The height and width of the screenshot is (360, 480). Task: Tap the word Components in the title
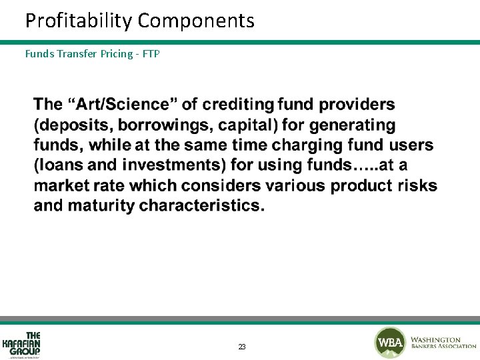[196, 21]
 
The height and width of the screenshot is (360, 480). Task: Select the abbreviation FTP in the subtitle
[151, 54]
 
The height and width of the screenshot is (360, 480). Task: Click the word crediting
[238, 104]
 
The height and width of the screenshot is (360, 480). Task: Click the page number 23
[241, 347]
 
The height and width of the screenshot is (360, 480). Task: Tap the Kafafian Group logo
[22, 344]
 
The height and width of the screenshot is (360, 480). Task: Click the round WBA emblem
[389, 343]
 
